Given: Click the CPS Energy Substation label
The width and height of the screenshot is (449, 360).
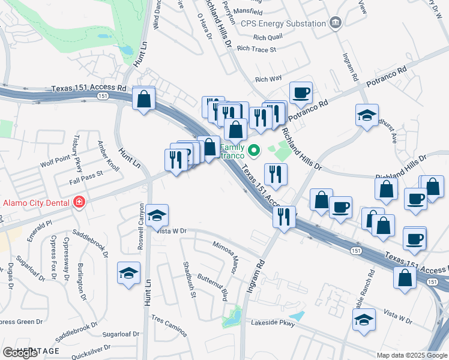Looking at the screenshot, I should click(283, 23).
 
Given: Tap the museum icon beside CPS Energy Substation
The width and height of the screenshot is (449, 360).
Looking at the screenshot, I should click(336, 23).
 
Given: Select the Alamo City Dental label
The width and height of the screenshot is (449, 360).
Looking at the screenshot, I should click(36, 202).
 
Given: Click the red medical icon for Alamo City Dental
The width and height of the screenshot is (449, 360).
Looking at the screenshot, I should click(78, 202).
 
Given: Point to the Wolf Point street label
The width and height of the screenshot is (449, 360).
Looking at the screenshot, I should click(56, 160).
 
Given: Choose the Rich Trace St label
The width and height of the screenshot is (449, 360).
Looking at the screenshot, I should click(256, 49).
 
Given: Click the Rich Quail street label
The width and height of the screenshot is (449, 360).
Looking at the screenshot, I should click(268, 37).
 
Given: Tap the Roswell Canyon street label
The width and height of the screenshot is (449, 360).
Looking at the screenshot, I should click(141, 217).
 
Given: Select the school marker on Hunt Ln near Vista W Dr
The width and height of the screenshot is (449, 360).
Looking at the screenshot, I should click(157, 215).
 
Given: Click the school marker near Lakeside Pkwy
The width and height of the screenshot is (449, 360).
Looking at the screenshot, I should click(364, 319).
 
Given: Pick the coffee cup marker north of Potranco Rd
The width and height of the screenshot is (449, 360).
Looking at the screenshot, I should click(301, 92).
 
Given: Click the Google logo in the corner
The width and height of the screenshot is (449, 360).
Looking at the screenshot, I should click(20, 353).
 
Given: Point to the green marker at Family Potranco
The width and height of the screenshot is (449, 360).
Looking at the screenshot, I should click(255, 150).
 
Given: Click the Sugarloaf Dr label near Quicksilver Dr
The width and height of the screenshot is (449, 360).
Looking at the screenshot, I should click(121, 334).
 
